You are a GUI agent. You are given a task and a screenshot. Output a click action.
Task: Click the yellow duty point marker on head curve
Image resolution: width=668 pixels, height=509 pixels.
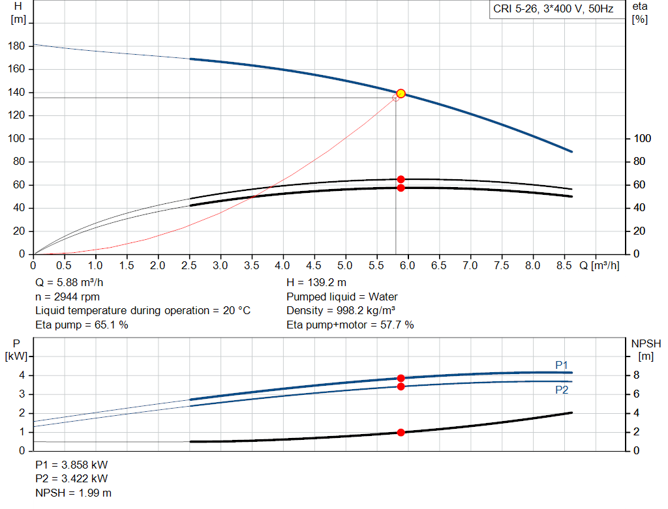(x=401, y=93)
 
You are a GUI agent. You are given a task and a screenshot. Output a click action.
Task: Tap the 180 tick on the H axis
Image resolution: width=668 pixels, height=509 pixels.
(x=18, y=46)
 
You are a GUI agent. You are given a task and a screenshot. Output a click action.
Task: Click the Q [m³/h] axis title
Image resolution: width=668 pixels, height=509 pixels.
(x=599, y=266)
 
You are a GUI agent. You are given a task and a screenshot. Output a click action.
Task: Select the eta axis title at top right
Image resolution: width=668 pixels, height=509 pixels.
(x=639, y=12)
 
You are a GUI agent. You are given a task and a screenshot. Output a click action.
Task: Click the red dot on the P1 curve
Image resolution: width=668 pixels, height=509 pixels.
(x=401, y=378)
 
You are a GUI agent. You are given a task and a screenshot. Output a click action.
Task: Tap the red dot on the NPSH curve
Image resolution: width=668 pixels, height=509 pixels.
(x=401, y=432)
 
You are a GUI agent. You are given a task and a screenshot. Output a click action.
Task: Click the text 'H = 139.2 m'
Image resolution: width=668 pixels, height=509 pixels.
(x=316, y=283)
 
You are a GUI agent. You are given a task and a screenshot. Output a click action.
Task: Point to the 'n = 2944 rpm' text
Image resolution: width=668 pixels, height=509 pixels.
(x=67, y=297)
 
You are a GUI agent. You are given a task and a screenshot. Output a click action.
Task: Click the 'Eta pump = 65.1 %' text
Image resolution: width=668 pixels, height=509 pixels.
(x=82, y=325)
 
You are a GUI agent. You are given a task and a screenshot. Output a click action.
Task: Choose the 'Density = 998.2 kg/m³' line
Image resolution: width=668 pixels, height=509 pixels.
(x=341, y=311)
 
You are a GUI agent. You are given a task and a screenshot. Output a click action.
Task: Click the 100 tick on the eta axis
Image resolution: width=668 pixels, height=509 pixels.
(x=643, y=139)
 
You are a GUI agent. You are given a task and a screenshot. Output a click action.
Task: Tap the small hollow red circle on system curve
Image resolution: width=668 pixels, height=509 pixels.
(x=395, y=98)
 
